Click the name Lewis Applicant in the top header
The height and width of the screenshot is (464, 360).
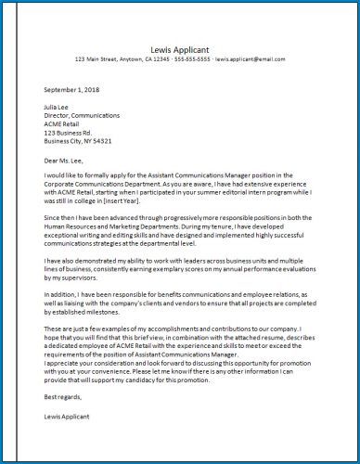[x=180, y=49]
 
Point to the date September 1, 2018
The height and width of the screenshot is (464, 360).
[x=71, y=90]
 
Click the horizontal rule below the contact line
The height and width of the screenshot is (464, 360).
[x=180, y=67]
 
